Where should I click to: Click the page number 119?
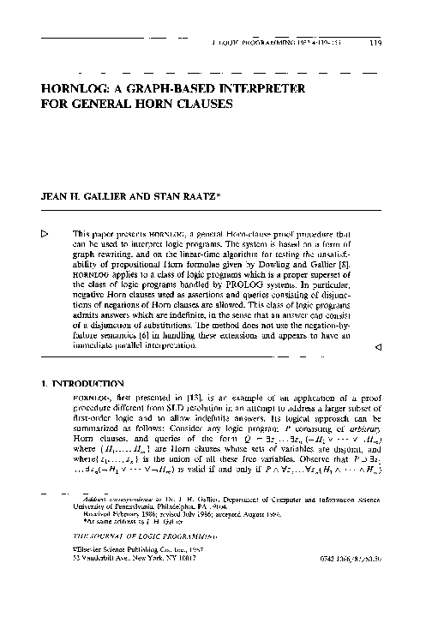[375, 41]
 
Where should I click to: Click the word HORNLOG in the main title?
[77, 89]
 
